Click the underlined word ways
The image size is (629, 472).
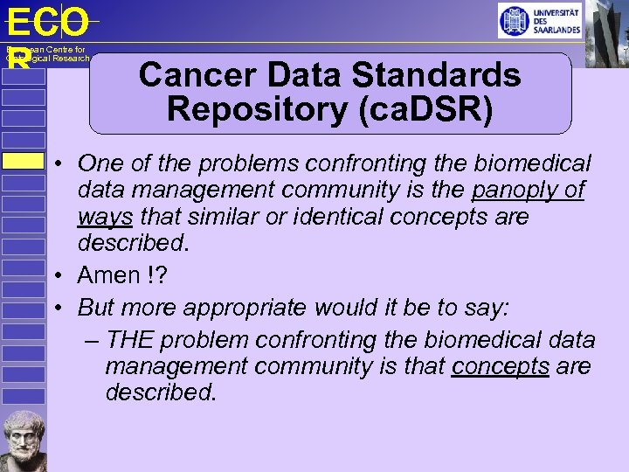click(105, 216)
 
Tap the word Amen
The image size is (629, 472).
click(109, 275)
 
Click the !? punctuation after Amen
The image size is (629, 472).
click(156, 275)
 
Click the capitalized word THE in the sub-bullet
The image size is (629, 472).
click(133, 340)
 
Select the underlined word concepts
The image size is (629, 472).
click(500, 366)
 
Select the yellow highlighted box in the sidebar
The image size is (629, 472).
click(23, 161)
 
